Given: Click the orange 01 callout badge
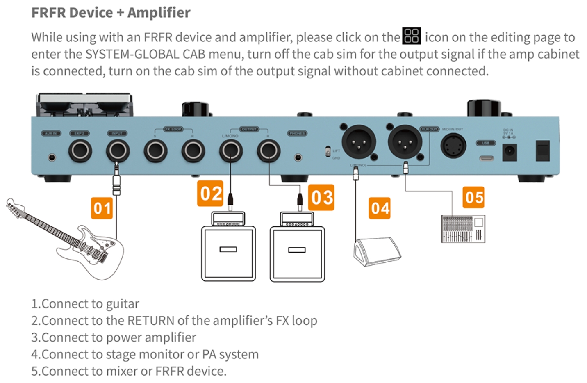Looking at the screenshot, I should point(102,208).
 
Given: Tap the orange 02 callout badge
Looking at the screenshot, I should point(211,194).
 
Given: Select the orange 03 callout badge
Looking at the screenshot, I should point(321,198).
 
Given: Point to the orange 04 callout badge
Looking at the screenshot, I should point(380,208).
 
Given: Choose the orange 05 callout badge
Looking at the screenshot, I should point(474,197).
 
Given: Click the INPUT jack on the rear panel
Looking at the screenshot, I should point(118,151).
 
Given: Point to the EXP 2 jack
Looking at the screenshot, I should point(80,151).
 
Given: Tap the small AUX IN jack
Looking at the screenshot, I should point(52,157).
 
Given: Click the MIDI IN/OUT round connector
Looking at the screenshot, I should point(453,146).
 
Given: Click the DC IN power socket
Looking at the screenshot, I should point(509,152).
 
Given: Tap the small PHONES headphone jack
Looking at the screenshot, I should point(298,157).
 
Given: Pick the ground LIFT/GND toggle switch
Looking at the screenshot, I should point(328,152).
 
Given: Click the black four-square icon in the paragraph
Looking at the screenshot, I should point(412,36).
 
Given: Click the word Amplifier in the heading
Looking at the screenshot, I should point(159,12).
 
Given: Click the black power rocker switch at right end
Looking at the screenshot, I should point(542,150).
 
